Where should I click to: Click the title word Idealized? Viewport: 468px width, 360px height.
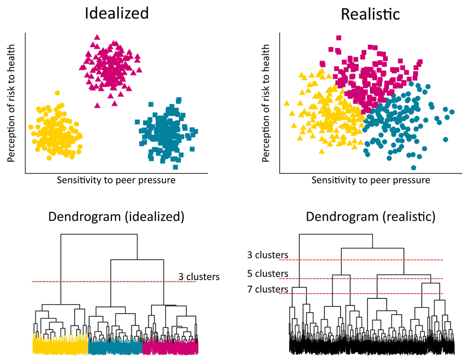tap(117, 13)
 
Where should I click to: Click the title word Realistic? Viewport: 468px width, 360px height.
tap(370, 14)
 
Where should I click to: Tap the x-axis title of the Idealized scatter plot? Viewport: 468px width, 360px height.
tap(116, 180)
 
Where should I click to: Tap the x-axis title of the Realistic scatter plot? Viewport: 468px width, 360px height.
tap(371, 180)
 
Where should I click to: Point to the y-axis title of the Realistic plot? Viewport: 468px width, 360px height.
tap(266, 103)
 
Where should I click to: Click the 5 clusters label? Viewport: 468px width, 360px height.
tap(268, 273)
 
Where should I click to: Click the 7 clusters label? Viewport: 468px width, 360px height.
tap(268, 289)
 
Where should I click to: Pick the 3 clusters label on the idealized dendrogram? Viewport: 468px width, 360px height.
tap(199, 277)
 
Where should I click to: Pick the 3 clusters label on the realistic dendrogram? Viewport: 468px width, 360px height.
tap(268, 255)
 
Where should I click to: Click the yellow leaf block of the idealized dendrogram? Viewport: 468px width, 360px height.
tap(60, 345)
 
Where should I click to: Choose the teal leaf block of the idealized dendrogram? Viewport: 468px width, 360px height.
tap(115, 346)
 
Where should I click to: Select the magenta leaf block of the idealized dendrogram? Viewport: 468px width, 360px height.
tap(170, 346)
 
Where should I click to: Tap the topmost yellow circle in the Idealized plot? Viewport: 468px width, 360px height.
tap(57, 93)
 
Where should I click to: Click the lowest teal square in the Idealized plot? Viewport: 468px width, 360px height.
tap(175, 167)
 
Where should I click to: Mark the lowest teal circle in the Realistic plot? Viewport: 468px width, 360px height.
tap(414, 168)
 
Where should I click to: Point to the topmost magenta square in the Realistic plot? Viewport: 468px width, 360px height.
tap(338, 38)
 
